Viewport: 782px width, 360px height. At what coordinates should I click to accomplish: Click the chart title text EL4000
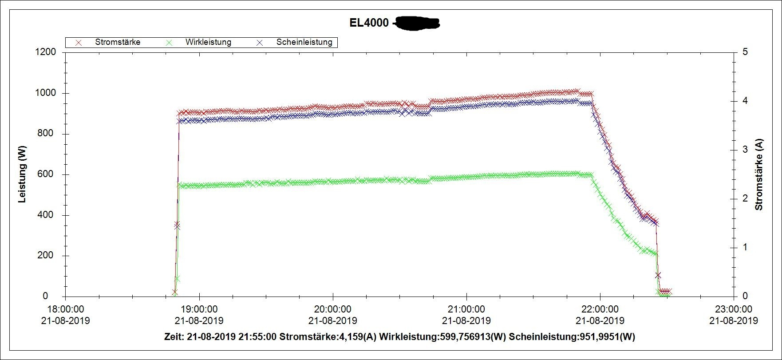(x=369, y=23)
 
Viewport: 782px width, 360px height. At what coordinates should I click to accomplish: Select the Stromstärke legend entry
(x=118, y=42)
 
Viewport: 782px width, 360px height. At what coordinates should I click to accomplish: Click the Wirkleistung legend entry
(x=208, y=42)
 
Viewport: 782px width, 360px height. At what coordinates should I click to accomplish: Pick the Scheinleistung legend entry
(x=304, y=42)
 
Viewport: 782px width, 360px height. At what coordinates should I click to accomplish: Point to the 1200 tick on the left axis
(x=46, y=52)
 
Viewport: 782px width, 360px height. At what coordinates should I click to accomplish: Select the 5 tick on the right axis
(x=745, y=52)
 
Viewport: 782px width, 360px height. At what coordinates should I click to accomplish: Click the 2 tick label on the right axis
(x=745, y=198)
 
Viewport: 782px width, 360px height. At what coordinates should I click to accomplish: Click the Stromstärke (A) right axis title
(x=759, y=174)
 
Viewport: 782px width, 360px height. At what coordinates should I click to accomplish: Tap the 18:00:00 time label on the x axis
(x=65, y=309)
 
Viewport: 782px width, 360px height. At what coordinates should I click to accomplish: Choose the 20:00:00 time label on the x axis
(x=332, y=309)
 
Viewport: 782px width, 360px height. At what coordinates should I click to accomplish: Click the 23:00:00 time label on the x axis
(x=734, y=309)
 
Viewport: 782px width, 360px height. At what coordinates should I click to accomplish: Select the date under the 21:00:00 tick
(x=466, y=320)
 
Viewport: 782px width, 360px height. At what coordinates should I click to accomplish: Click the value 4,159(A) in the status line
(x=358, y=337)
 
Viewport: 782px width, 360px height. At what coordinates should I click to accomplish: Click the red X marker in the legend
(x=79, y=43)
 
